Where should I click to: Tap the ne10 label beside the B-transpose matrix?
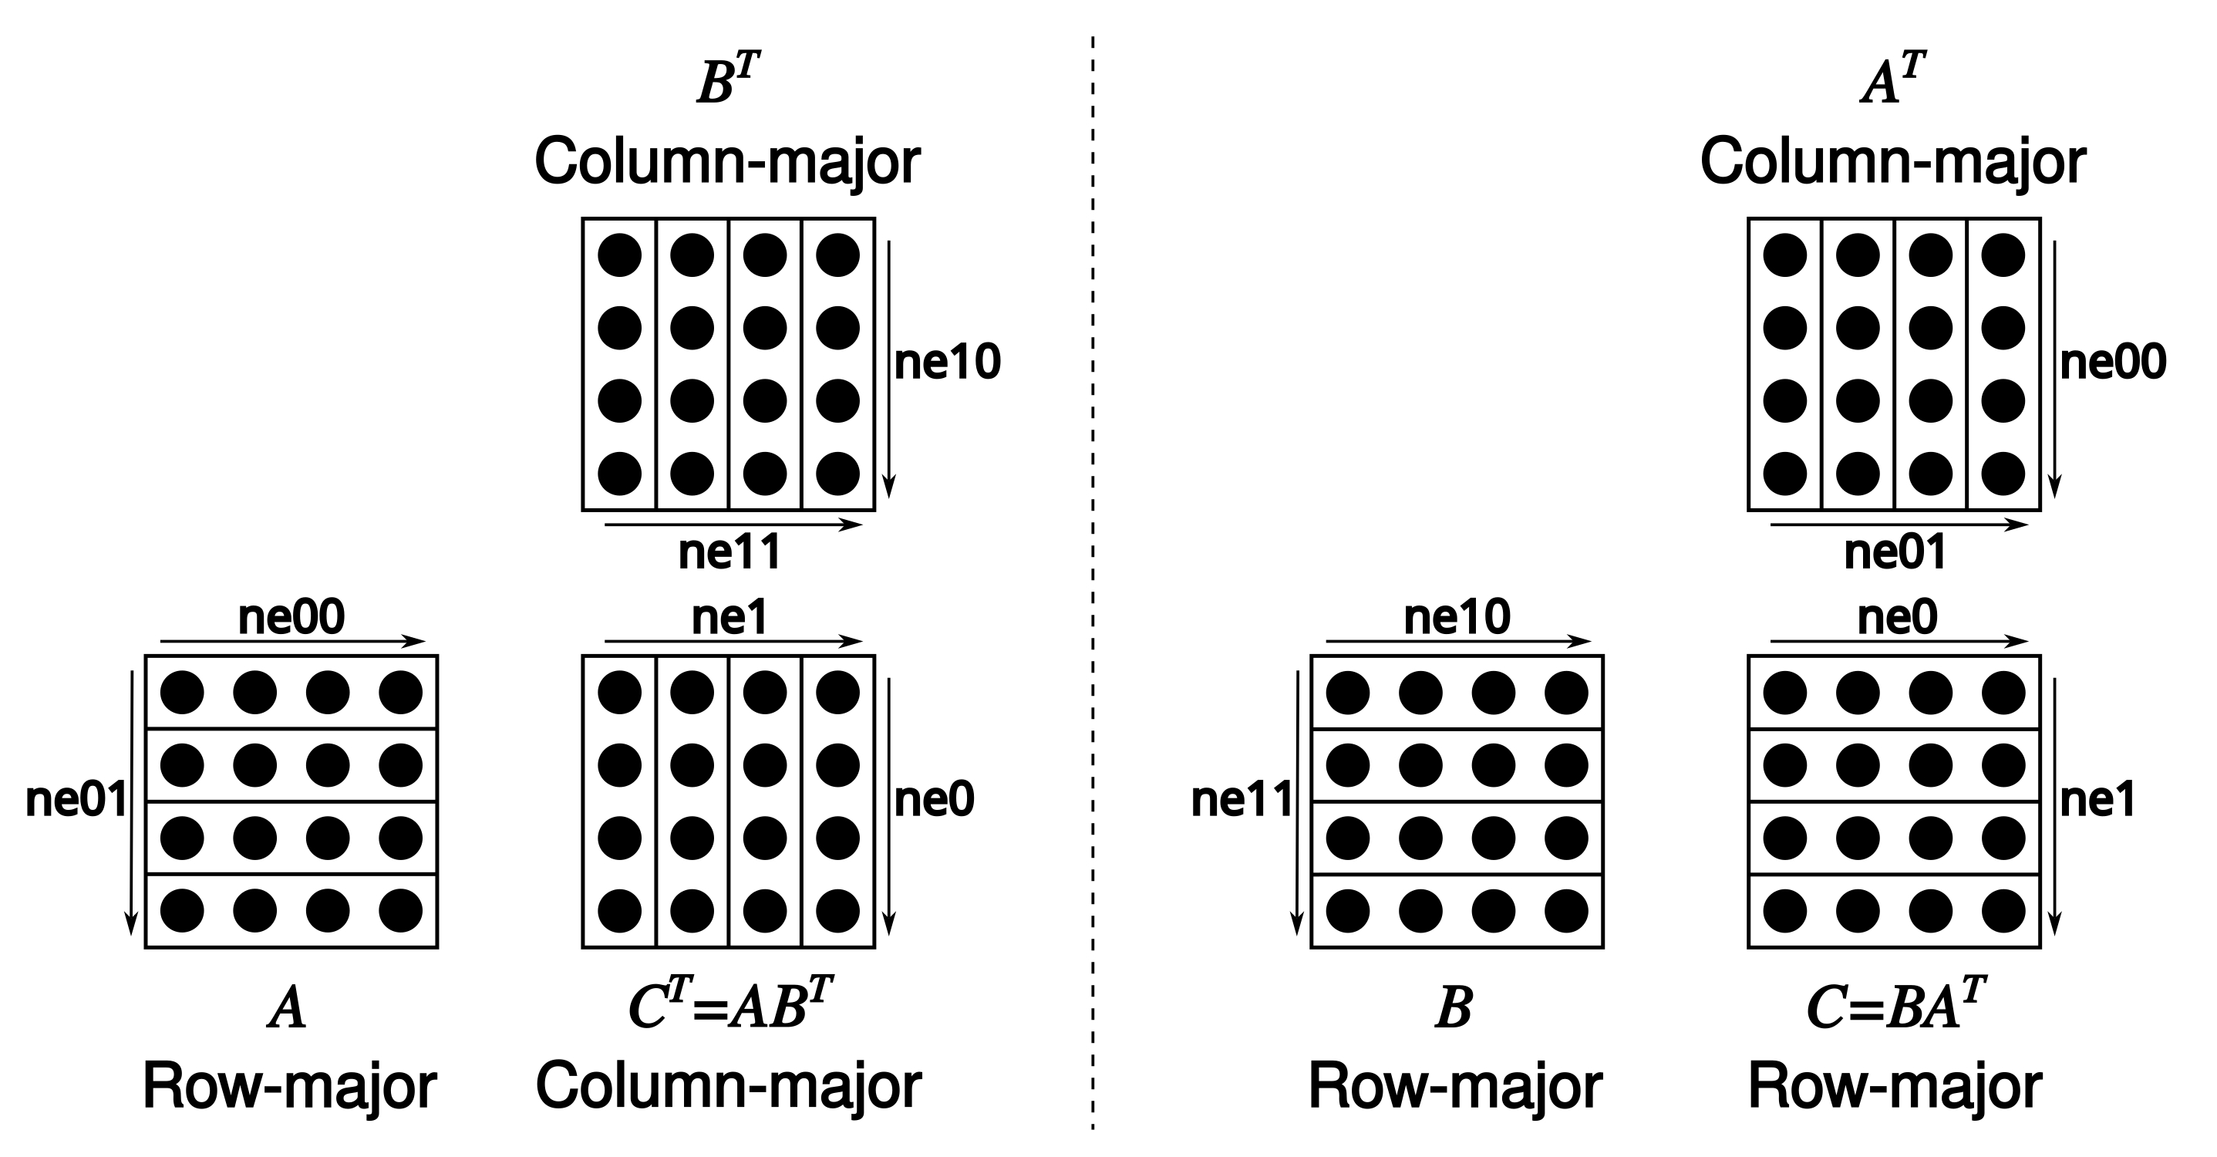click(948, 363)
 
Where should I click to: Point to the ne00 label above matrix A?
click(291, 617)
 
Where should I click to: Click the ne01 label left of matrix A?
click(76, 800)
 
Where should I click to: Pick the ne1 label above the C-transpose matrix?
click(729, 617)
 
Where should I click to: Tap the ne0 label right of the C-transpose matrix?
click(934, 800)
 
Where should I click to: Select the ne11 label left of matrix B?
click(1241, 800)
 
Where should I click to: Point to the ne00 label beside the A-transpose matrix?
click(2113, 363)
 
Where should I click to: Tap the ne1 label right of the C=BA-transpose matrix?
click(2097, 800)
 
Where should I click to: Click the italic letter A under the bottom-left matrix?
click(288, 1009)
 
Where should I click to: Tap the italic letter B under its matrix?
click(1454, 1009)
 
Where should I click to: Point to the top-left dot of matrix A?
click(183, 692)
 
